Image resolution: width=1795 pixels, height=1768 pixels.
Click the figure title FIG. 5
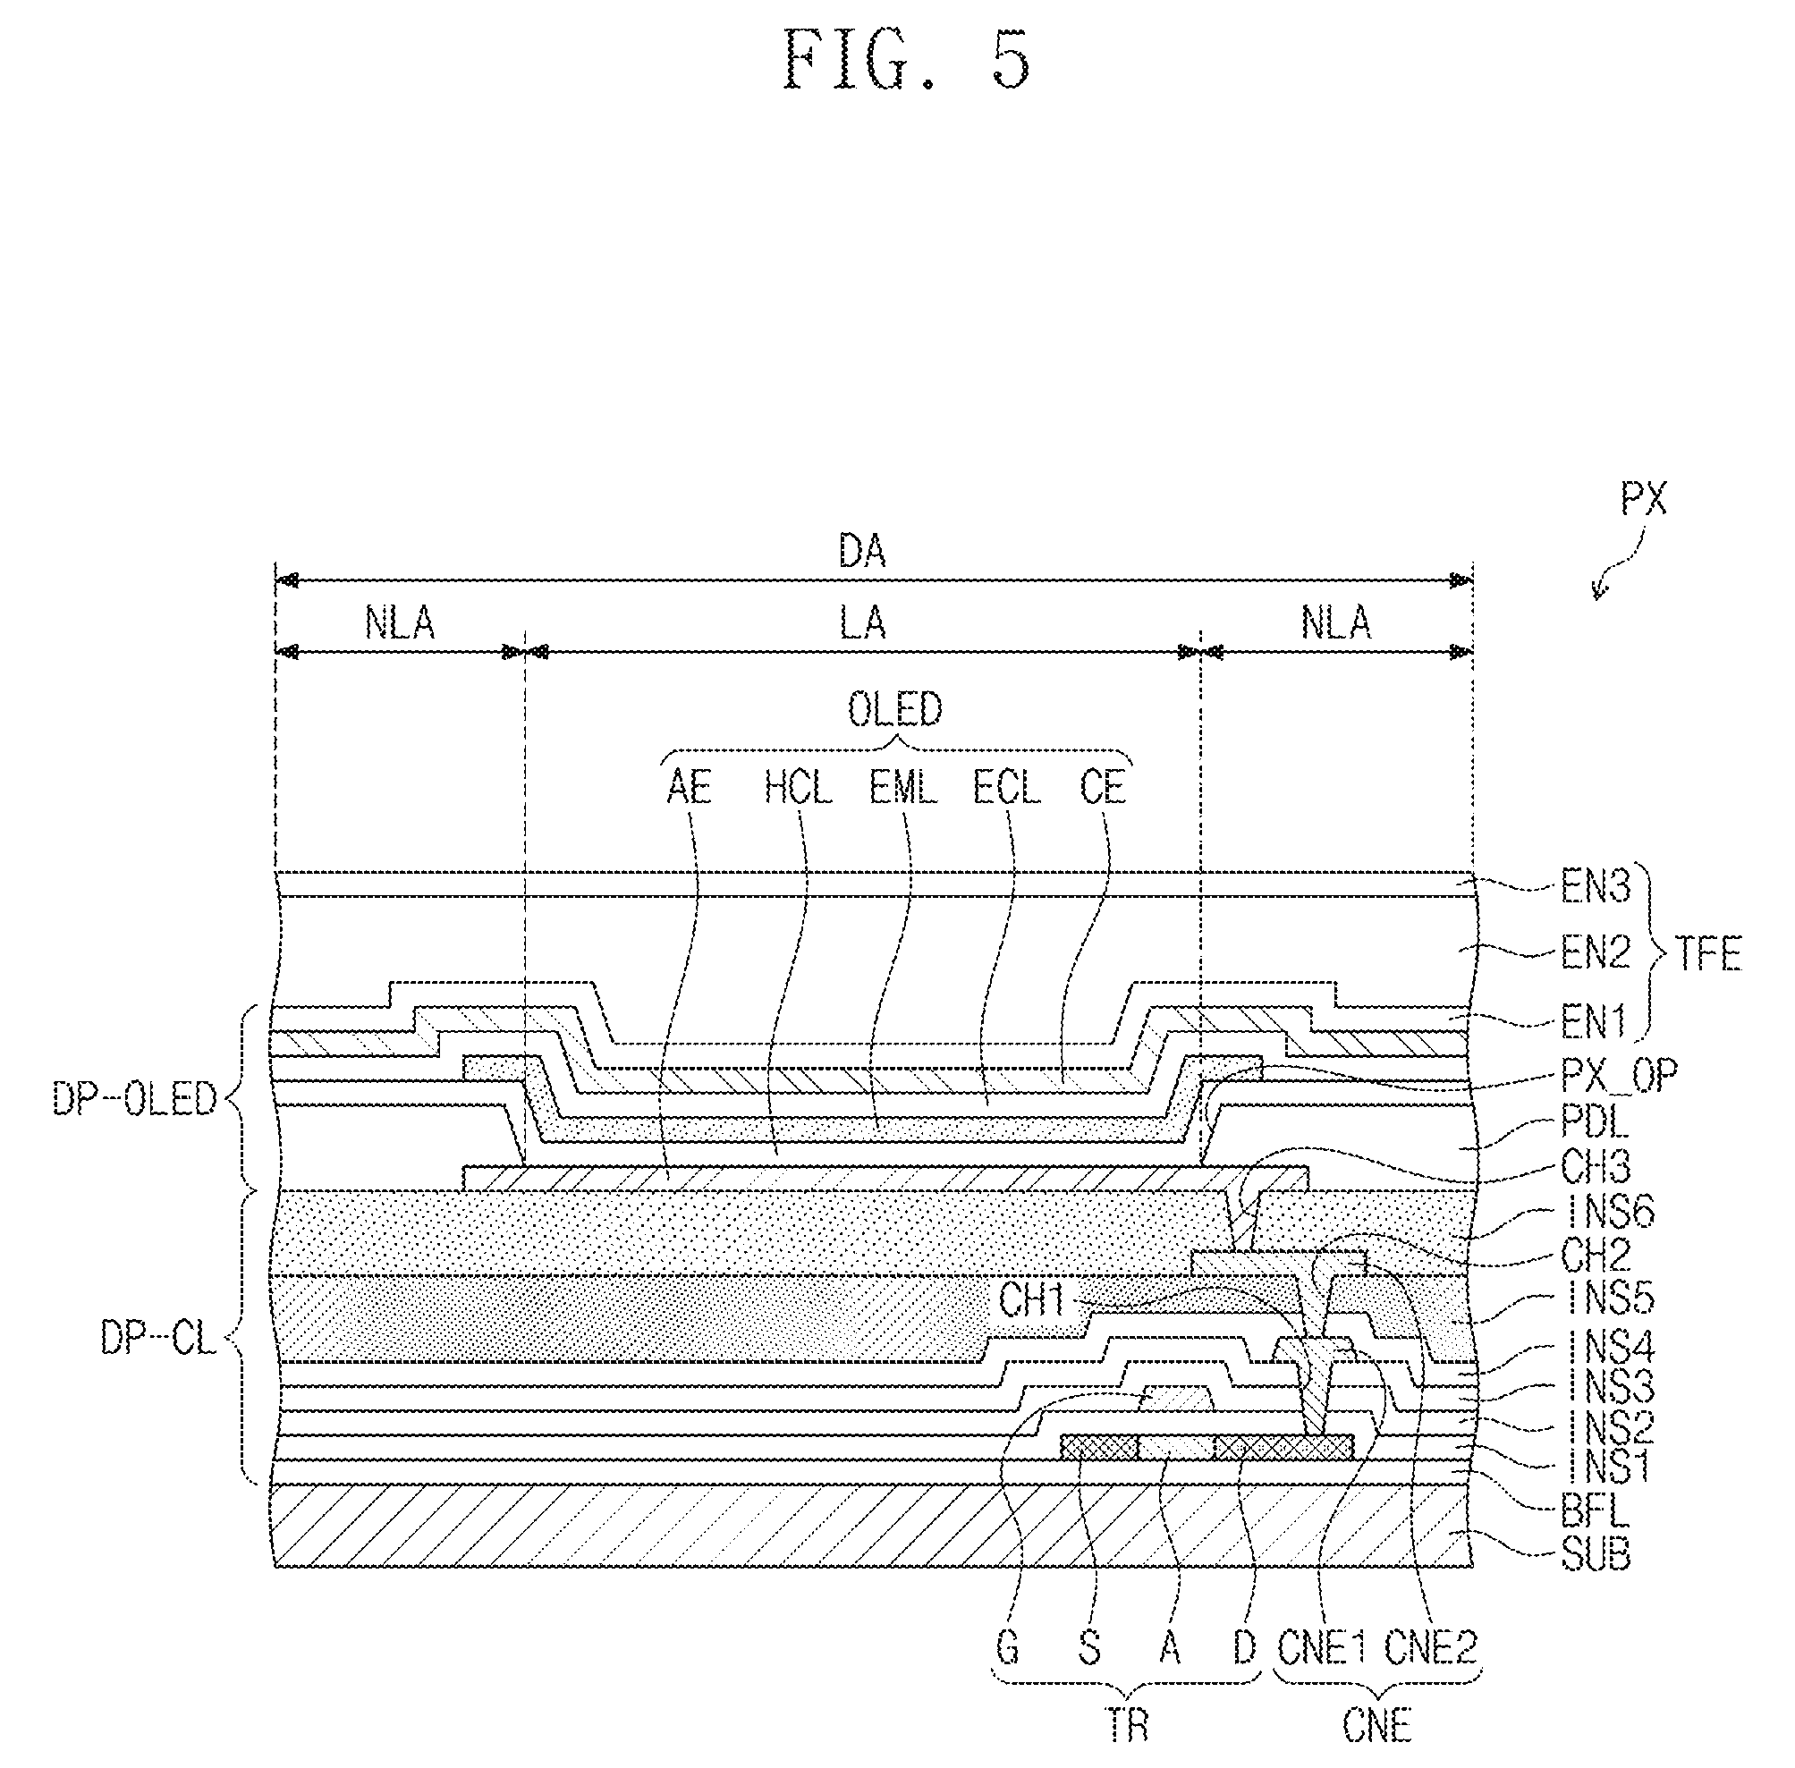906,60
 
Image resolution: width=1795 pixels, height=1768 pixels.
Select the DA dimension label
862,552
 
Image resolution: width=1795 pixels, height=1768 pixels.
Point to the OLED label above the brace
894,709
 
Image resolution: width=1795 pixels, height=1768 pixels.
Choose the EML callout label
902,789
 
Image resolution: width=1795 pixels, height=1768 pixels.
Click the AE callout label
689,789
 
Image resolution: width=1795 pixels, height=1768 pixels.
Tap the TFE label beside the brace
1706,953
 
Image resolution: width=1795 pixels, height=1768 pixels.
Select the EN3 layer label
1596,888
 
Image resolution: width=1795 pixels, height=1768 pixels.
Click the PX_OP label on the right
1620,1074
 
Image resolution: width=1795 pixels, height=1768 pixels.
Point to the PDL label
1596,1122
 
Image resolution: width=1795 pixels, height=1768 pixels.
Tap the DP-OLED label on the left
135,1098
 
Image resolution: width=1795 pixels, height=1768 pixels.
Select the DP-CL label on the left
158,1339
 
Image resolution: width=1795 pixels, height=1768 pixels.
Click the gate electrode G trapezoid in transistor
1177,1400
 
